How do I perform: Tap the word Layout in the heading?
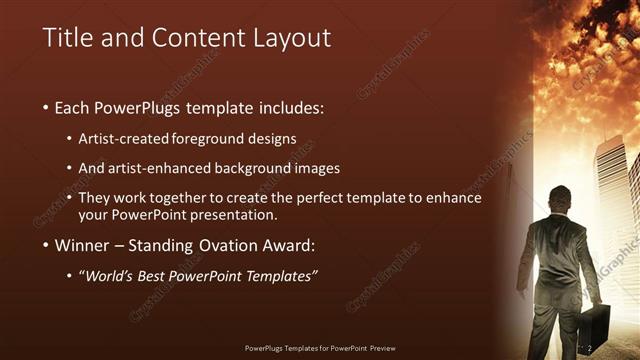pos(290,39)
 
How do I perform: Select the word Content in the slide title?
pos(185,39)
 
